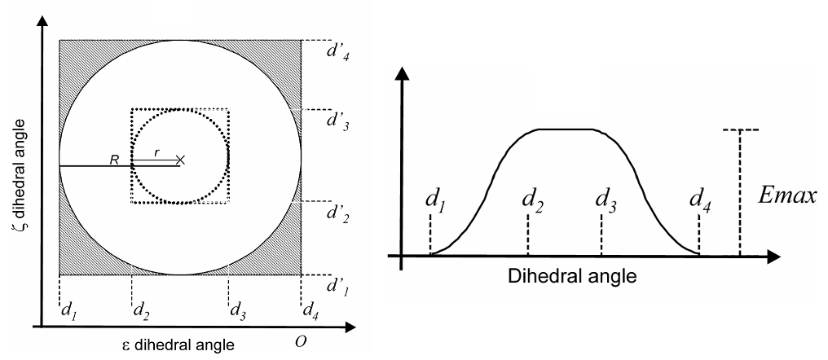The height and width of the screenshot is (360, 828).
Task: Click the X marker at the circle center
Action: tap(180, 160)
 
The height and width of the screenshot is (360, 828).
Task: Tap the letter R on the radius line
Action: tap(114, 160)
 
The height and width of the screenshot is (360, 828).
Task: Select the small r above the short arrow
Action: tap(156, 152)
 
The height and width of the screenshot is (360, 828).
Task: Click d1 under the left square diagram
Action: tap(69, 310)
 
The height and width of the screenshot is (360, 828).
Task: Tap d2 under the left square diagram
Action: tap(140, 310)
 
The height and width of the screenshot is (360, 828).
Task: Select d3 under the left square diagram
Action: tap(238, 310)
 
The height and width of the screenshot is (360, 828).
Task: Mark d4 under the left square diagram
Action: tap(310, 310)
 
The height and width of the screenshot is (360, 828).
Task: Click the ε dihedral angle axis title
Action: tap(177, 346)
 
